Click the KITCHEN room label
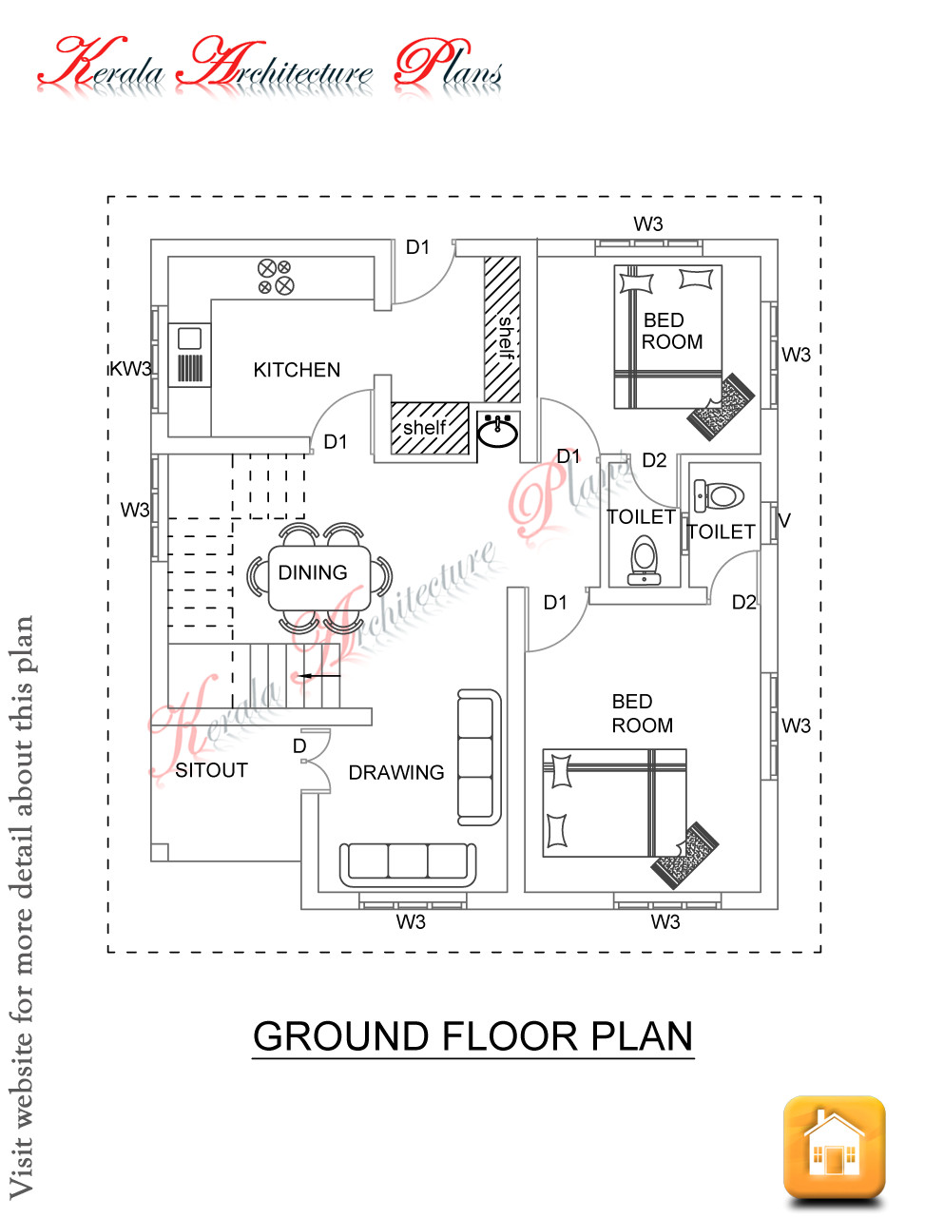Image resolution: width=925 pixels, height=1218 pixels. point(297,370)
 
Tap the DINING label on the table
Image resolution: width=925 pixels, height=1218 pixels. point(313,572)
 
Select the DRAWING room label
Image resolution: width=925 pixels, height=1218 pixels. point(396,773)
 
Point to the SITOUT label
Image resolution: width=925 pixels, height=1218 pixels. point(211,770)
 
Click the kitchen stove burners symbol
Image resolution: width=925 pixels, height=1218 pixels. point(276,277)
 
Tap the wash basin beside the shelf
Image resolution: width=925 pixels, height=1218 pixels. point(497,431)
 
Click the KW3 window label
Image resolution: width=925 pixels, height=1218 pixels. point(130,369)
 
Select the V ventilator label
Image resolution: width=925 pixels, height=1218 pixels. point(784,520)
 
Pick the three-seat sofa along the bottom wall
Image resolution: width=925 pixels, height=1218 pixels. point(408,861)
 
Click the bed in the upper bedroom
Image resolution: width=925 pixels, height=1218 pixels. point(667,338)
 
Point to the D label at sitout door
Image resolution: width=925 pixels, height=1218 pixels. point(299,746)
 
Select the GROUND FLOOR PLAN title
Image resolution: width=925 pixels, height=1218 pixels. point(473,1036)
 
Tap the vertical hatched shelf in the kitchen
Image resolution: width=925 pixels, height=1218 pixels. point(502,329)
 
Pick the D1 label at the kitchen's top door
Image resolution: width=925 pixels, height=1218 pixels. point(417,247)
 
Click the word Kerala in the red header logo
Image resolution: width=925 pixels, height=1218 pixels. point(101,65)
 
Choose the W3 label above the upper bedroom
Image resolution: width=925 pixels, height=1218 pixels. point(648,224)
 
